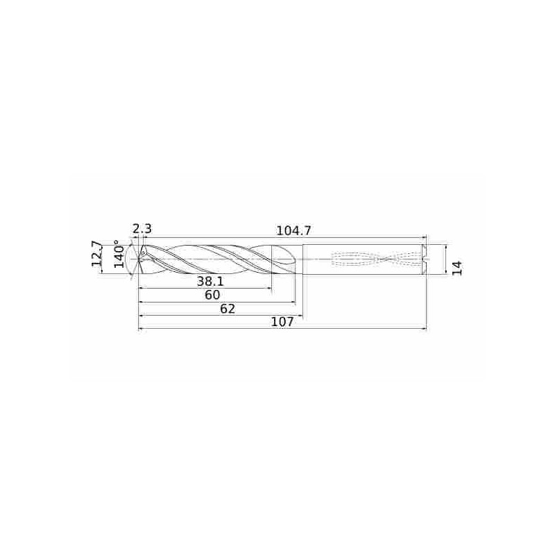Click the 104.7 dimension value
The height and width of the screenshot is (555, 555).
(293, 231)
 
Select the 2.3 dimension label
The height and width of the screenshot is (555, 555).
(142, 229)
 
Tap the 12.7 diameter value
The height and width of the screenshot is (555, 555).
(96, 253)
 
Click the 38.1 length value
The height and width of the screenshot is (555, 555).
(211, 282)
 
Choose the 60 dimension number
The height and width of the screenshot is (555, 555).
(212, 295)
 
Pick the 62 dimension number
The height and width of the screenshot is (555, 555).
(228, 309)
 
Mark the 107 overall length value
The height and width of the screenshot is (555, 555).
(282, 322)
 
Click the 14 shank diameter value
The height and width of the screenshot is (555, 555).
(457, 268)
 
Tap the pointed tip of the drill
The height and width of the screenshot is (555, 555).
(138, 259)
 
